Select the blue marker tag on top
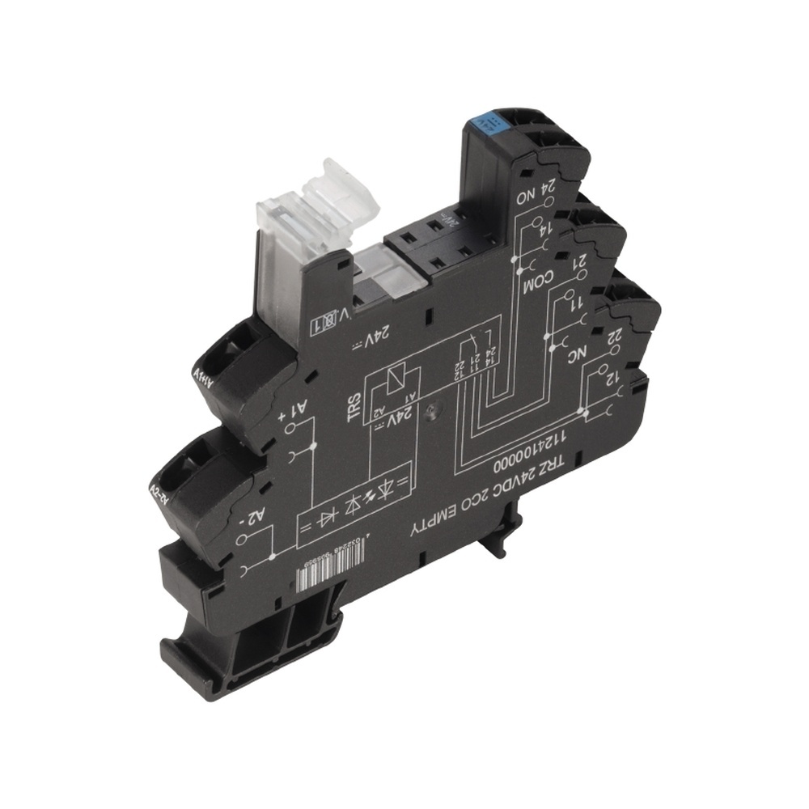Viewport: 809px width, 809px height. click(490, 121)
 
